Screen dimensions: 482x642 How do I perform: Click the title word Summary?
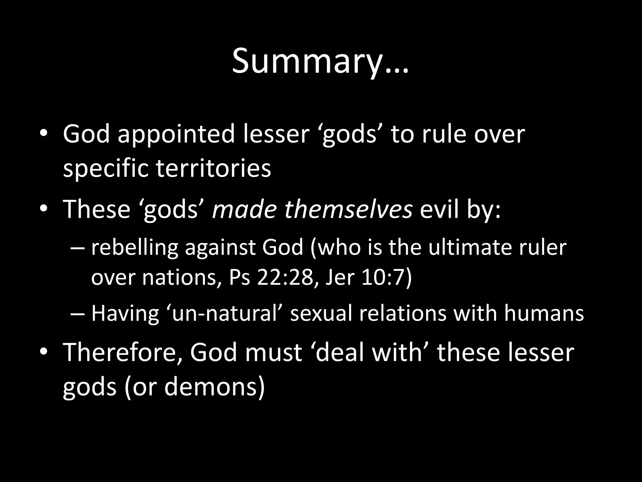tap(320, 62)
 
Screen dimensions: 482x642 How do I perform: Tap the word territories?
tap(213, 169)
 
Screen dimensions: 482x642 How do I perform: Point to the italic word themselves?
tap(348, 209)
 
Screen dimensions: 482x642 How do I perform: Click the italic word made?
tap(244, 209)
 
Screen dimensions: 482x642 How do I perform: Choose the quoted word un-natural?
tap(224, 313)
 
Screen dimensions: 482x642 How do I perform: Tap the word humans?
tap(544, 313)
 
